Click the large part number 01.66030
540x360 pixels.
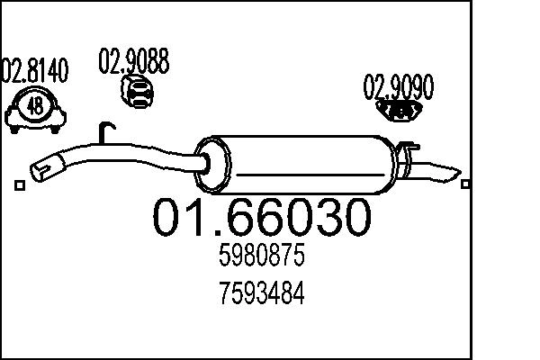pos(260,218)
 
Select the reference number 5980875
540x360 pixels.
pos(262,257)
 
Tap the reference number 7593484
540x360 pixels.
pos(262,293)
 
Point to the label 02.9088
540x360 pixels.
pos(133,61)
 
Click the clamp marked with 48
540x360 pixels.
pos(35,109)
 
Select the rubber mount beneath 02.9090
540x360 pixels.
pos(400,110)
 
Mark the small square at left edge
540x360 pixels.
pos(20,185)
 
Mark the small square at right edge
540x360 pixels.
pos(465,184)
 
